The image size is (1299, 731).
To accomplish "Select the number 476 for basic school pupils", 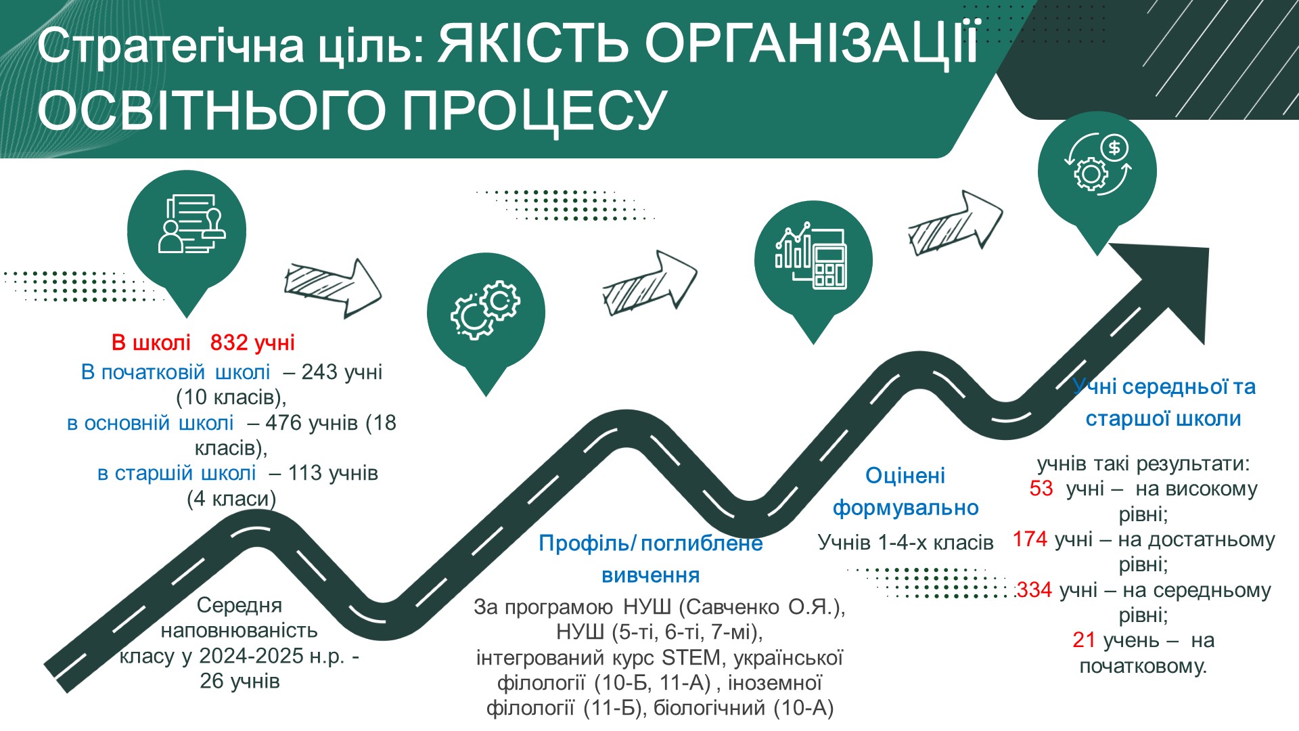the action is [x=283, y=423].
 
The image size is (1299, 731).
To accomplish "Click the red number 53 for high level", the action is [x=1041, y=489].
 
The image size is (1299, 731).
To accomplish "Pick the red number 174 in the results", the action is [x=1030, y=539].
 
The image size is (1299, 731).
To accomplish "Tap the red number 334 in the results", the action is [x=1034, y=590].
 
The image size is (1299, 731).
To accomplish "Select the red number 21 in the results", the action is [x=1084, y=640].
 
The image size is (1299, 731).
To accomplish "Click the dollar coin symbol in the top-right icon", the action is [x=1114, y=147].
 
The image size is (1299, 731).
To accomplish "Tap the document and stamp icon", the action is [x=191, y=224].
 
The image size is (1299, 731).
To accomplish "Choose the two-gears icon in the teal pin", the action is [x=485, y=310].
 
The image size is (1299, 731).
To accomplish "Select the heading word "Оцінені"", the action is [x=905, y=476].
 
